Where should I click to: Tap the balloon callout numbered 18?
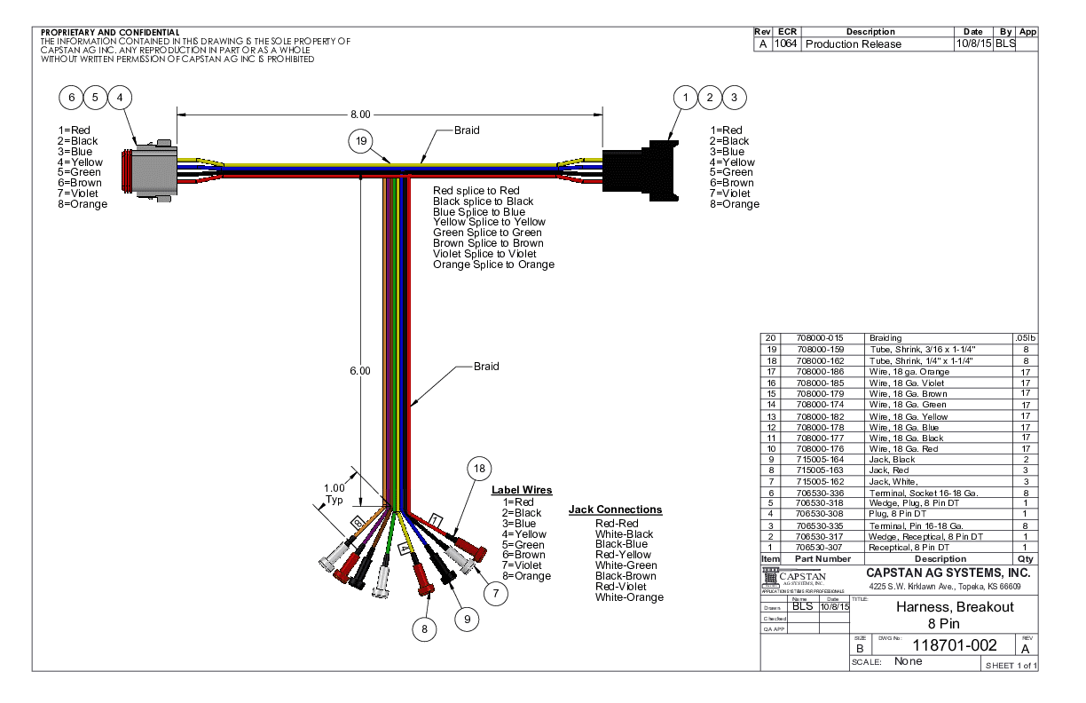click(x=479, y=469)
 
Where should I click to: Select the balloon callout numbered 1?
click(x=685, y=98)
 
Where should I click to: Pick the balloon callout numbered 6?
click(x=73, y=97)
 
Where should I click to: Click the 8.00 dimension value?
click(x=360, y=115)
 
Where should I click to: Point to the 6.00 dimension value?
click(x=360, y=371)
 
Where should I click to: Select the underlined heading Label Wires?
click(x=522, y=490)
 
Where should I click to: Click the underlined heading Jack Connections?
click(x=615, y=509)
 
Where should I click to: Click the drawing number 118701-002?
click(x=941, y=645)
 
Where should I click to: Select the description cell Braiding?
click(x=885, y=338)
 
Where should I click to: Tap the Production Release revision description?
click(x=853, y=44)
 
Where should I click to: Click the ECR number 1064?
click(x=785, y=44)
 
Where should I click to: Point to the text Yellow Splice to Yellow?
click(x=489, y=222)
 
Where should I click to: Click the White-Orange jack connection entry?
click(x=629, y=597)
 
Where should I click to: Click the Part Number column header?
click(x=822, y=559)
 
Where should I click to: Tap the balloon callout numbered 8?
click(x=426, y=628)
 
